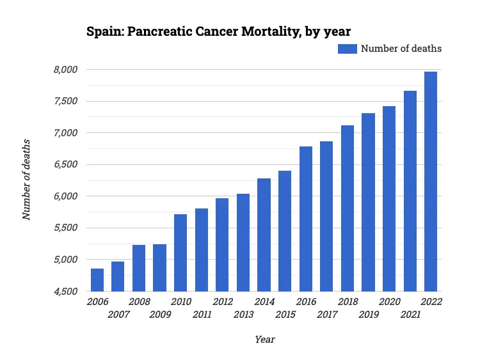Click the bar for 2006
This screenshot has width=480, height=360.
pyautogui.click(x=97, y=280)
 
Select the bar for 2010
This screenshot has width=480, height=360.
pyautogui.click(x=180, y=253)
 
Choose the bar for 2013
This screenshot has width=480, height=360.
pyautogui.click(x=243, y=242)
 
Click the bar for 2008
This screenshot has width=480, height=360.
pyautogui.click(x=139, y=268)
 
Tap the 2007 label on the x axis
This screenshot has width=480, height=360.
pyautogui.click(x=118, y=315)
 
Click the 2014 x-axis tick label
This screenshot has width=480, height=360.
pyautogui.click(x=264, y=302)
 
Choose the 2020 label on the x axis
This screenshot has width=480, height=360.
pyautogui.click(x=389, y=302)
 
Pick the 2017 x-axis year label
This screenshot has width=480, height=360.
pyautogui.click(x=327, y=315)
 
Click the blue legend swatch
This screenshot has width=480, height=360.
pyautogui.click(x=347, y=49)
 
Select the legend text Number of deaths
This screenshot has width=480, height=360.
pyautogui.click(x=401, y=49)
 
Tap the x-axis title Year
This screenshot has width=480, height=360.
pyautogui.click(x=264, y=340)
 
